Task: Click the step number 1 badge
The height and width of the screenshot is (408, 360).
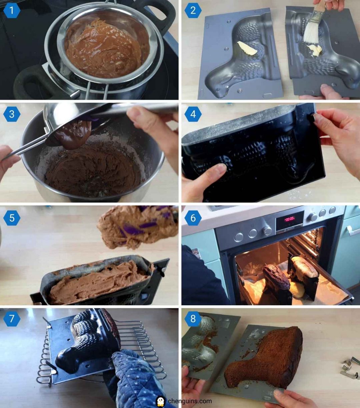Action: [x=12, y=11]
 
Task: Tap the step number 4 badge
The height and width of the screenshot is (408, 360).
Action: [x=193, y=114]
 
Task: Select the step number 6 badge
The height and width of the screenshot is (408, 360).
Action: [x=193, y=219]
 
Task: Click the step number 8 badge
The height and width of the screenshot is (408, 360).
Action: [x=193, y=319]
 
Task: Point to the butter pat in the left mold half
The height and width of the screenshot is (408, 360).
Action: [x=247, y=48]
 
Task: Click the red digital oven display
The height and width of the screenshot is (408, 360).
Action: [x=290, y=219]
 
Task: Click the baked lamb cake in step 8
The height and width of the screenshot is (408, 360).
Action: [x=267, y=360]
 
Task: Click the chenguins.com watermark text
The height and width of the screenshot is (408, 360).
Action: [x=190, y=401]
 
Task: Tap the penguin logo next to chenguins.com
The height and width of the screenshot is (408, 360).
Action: [x=161, y=401]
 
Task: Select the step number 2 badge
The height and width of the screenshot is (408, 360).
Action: [x=193, y=11]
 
